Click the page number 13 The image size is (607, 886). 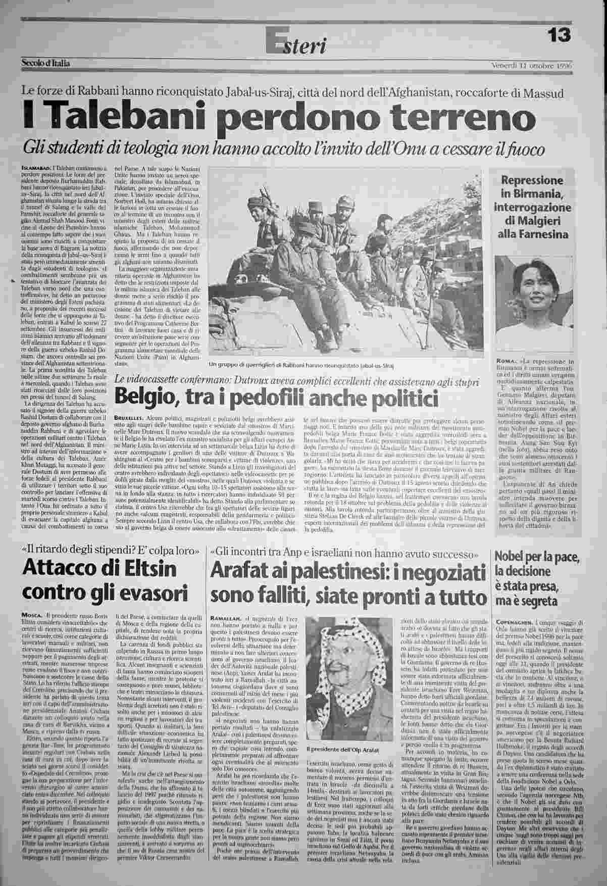click(559, 35)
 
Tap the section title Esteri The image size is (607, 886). click(297, 44)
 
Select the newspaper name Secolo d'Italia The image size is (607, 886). click(46, 64)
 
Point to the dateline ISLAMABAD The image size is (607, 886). click(36, 167)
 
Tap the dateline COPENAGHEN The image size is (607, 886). click(517, 622)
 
